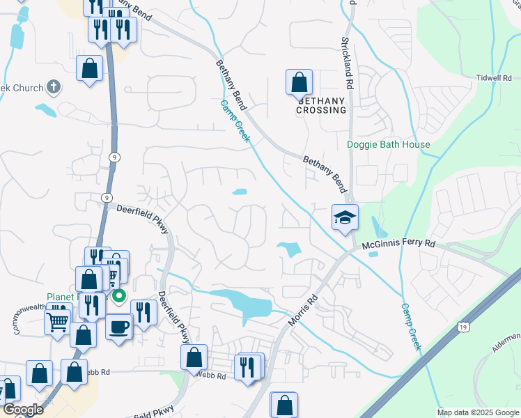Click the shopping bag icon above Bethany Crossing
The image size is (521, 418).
click(299, 82)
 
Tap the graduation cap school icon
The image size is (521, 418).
click(345, 217)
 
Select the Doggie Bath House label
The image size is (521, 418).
click(389, 145)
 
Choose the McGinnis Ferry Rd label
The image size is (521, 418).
click(398, 245)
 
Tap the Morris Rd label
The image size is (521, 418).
click(302, 312)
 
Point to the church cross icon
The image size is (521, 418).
click(54, 88)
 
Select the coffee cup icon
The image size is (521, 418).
click(119, 326)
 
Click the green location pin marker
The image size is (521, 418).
click(119, 296)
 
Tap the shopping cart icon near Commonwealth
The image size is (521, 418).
click(58, 321)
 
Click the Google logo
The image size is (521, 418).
click(23, 410)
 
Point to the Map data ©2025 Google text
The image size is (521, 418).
click(478, 412)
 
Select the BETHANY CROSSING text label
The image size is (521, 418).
click(322, 105)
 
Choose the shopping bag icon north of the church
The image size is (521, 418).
click(89, 69)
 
